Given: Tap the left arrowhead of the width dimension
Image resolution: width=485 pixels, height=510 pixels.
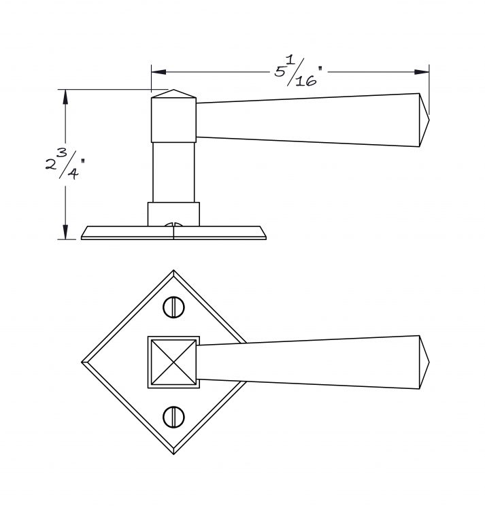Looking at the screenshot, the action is point(158,72).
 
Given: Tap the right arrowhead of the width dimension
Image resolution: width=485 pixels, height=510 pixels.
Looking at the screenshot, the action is point(422,72).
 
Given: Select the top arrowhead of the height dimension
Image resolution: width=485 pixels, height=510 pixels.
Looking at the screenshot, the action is point(65,97).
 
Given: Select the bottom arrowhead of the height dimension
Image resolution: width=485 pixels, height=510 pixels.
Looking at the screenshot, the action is point(65,232).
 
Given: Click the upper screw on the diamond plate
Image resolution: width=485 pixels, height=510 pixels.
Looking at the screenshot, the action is point(173,307).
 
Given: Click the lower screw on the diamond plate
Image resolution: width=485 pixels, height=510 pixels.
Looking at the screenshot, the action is point(173,417).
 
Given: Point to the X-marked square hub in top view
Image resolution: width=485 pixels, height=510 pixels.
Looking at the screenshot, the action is point(173,362).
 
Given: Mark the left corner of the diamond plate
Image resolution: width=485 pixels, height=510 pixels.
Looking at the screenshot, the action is point(82,362).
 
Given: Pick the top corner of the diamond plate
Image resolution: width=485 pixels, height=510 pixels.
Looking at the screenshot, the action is point(173,270).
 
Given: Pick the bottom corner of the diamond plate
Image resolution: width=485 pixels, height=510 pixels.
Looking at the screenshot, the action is point(173,454).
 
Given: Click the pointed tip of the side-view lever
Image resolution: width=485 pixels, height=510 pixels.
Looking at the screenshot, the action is point(429,120).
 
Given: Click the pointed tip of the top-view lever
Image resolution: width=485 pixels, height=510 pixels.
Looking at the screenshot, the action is point(429,362).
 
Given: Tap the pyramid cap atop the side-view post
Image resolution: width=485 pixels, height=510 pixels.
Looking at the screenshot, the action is point(173,94).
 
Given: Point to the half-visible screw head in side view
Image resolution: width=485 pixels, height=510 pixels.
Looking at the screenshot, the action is point(173,224).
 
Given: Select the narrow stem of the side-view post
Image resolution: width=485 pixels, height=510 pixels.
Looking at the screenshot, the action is point(173,172).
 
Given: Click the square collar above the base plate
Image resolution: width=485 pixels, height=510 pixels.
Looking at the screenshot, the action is point(173,214).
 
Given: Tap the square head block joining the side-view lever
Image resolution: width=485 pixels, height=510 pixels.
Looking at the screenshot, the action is point(173,120).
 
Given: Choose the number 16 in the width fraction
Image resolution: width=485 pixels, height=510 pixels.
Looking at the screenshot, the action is point(306,81).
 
